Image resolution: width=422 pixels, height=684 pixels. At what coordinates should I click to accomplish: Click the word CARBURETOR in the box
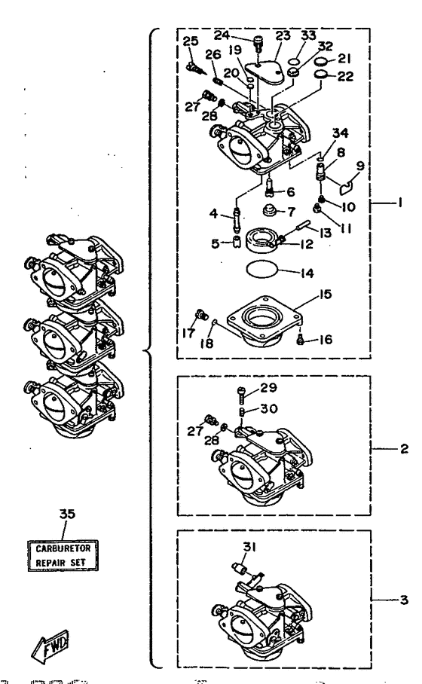coord(63,548)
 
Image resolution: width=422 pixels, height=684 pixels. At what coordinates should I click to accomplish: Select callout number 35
coord(67,514)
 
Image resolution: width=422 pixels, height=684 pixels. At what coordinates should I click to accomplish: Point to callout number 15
coord(325,294)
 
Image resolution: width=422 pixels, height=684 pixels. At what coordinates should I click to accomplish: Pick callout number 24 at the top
coord(222,35)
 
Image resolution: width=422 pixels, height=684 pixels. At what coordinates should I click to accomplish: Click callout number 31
coord(249,547)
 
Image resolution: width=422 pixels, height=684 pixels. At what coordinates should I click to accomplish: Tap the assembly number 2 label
coord(404,448)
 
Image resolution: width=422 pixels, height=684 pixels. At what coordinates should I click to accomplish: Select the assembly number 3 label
coord(404,600)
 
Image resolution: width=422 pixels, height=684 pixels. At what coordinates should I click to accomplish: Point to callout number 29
coord(268,387)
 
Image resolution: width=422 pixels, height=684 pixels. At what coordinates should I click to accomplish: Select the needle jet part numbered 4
coord(237,221)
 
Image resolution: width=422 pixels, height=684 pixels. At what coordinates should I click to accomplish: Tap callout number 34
coord(341,133)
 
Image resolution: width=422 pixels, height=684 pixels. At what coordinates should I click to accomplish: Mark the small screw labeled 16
coord(300,340)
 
